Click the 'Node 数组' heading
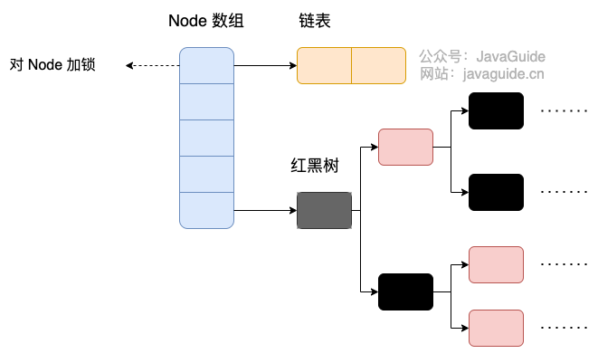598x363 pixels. pyautogui.click(x=206, y=21)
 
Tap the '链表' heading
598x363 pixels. pyautogui.click(x=315, y=21)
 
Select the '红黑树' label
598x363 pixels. pyautogui.click(x=315, y=166)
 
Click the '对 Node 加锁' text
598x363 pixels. pyautogui.click(x=52, y=65)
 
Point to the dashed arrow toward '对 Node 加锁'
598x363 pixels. pyautogui.click(x=153, y=66)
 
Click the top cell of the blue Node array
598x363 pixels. pyautogui.click(x=206, y=66)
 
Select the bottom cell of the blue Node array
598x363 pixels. pyautogui.click(x=206, y=210)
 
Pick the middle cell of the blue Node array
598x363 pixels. pyautogui.click(x=206, y=138)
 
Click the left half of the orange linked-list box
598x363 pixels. pyautogui.click(x=324, y=66)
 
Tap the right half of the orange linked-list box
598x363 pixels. pyautogui.click(x=378, y=66)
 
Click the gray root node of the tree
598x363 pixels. pyautogui.click(x=324, y=210)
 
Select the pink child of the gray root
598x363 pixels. pyautogui.click(x=405, y=147)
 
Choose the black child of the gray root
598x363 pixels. pyautogui.click(x=405, y=292)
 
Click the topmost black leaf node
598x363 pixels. pyautogui.click(x=496, y=110)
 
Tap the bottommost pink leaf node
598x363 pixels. pyautogui.click(x=496, y=329)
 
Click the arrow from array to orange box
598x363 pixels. pyautogui.click(x=265, y=66)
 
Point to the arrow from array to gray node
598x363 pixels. pyautogui.click(x=265, y=210)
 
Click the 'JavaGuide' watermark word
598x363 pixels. pyautogui.click(x=510, y=56)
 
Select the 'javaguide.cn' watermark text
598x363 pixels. pyautogui.click(x=503, y=74)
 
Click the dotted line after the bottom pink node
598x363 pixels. pyautogui.click(x=564, y=328)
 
